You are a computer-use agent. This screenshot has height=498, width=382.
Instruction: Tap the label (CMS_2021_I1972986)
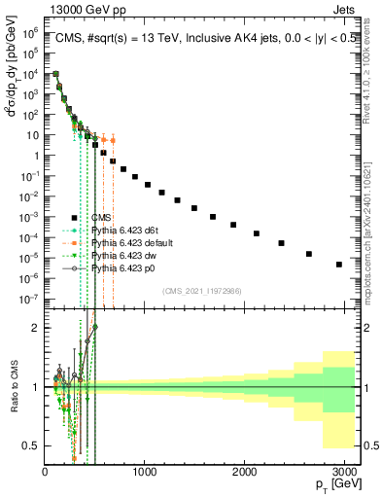[x=201, y=291]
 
